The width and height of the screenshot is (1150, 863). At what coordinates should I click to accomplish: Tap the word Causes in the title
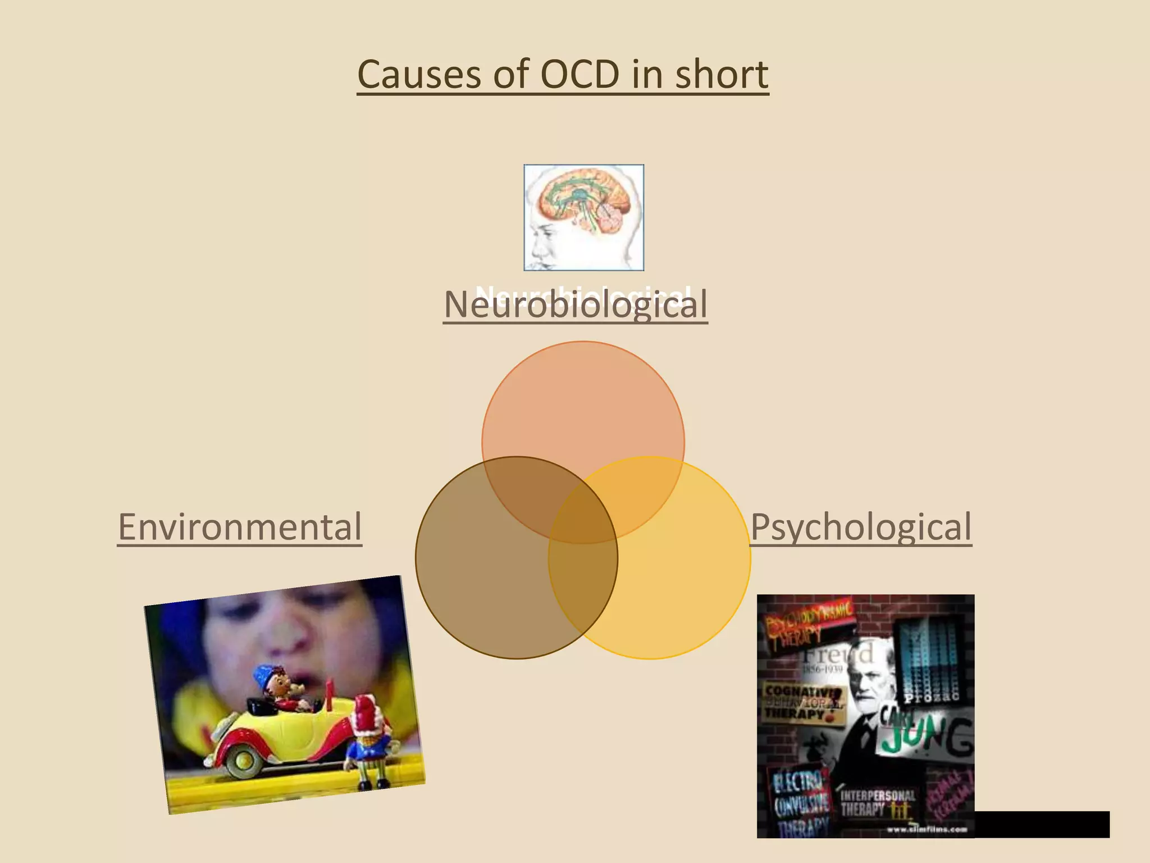pos(419,75)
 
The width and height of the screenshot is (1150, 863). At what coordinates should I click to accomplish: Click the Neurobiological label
pos(575,305)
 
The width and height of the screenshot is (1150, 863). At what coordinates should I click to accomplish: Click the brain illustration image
pos(583,217)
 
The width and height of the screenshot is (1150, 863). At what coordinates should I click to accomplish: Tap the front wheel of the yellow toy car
pos(245,761)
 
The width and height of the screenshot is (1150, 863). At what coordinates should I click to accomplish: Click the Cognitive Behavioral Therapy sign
pos(803,702)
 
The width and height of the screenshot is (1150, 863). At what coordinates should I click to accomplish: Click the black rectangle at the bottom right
pos(1042,824)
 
